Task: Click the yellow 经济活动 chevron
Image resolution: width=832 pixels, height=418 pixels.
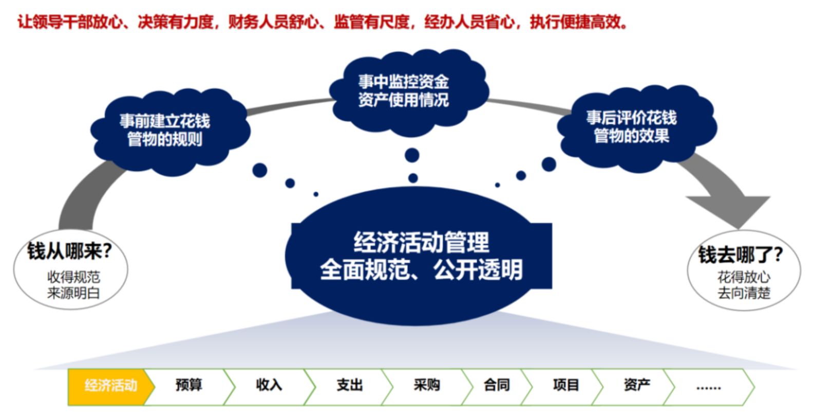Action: (x=111, y=387)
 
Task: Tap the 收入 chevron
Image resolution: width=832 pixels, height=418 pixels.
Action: (x=269, y=387)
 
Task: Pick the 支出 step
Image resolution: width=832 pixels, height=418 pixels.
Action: (x=349, y=387)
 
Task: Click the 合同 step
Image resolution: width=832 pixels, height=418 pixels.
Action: (x=497, y=387)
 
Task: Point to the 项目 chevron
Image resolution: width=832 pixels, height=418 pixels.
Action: (x=566, y=387)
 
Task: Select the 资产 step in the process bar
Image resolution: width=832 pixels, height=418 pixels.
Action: (x=637, y=387)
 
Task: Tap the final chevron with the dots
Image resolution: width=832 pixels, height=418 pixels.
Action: (x=709, y=387)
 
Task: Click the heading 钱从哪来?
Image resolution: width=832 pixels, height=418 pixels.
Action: (x=69, y=251)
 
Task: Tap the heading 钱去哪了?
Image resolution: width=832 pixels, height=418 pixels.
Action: (x=741, y=255)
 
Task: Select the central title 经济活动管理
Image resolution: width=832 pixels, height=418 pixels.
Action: (x=421, y=243)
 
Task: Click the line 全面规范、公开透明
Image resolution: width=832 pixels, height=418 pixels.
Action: (x=421, y=269)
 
